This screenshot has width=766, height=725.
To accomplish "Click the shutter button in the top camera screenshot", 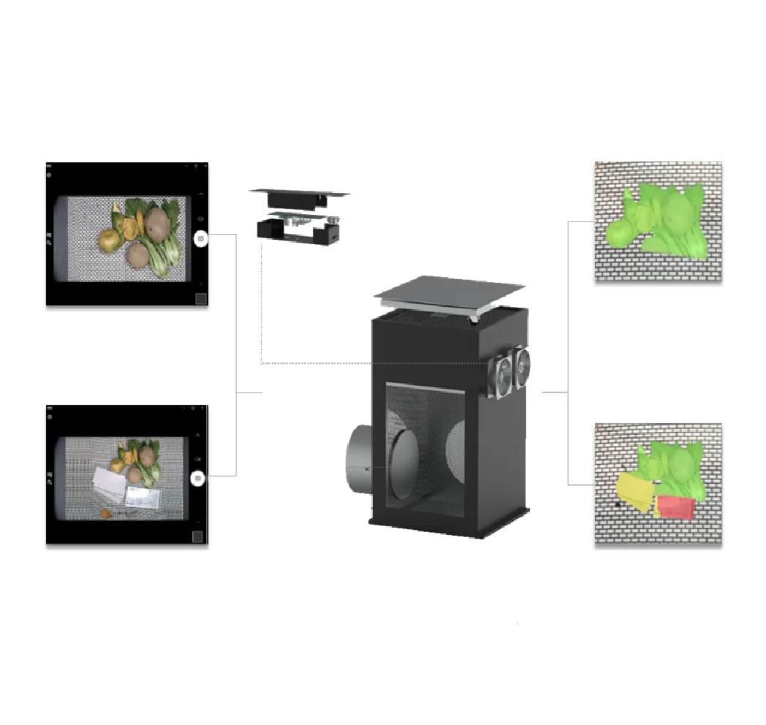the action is [201, 238].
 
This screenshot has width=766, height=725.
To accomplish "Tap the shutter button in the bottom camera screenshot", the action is [197, 479].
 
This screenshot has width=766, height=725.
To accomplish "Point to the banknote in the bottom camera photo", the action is [143, 497].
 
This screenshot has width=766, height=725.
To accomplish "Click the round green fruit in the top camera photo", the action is [110, 239].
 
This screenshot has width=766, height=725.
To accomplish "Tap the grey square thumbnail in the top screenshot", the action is [201, 298].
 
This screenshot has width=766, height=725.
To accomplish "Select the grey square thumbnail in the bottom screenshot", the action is [197, 537].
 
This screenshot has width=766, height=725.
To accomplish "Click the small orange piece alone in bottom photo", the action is [107, 514].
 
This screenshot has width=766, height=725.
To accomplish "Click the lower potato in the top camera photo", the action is [138, 255].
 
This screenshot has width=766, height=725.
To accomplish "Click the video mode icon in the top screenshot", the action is [201, 219].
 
